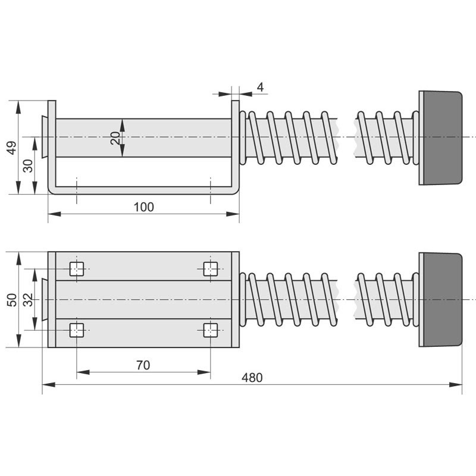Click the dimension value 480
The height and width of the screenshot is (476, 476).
(x=252, y=378)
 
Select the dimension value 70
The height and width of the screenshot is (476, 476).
(x=143, y=365)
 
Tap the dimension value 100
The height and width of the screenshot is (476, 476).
(x=143, y=207)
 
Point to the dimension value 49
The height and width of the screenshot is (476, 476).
(x=12, y=148)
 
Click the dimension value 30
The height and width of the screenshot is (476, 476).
(x=28, y=166)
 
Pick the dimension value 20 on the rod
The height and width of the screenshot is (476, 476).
(x=115, y=138)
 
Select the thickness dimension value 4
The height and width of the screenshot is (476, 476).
(x=260, y=87)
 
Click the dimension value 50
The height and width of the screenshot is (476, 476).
(x=12, y=300)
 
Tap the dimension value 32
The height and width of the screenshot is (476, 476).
(x=28, y=300)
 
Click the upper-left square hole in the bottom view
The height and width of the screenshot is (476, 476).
(x=77, y=269)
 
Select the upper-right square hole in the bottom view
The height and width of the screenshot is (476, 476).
(x=211, y=269)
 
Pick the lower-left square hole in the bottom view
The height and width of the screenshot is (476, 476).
(x=77, y=330)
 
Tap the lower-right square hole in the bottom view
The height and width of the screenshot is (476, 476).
(x=211, y=330)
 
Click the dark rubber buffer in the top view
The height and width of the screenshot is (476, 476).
(x=443, y=138)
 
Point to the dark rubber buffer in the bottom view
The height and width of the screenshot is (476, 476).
(x=443, y=300)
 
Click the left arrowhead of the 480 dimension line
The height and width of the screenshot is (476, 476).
(x=49, y=384)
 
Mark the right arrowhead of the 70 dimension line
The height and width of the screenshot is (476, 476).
(x=204, y=372)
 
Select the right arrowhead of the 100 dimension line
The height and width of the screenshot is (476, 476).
(x=233, y=214)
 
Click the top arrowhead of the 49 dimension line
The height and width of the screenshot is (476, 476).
(x=18, y=107)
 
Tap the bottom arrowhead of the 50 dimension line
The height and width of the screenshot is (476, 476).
(x=18, y=340)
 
